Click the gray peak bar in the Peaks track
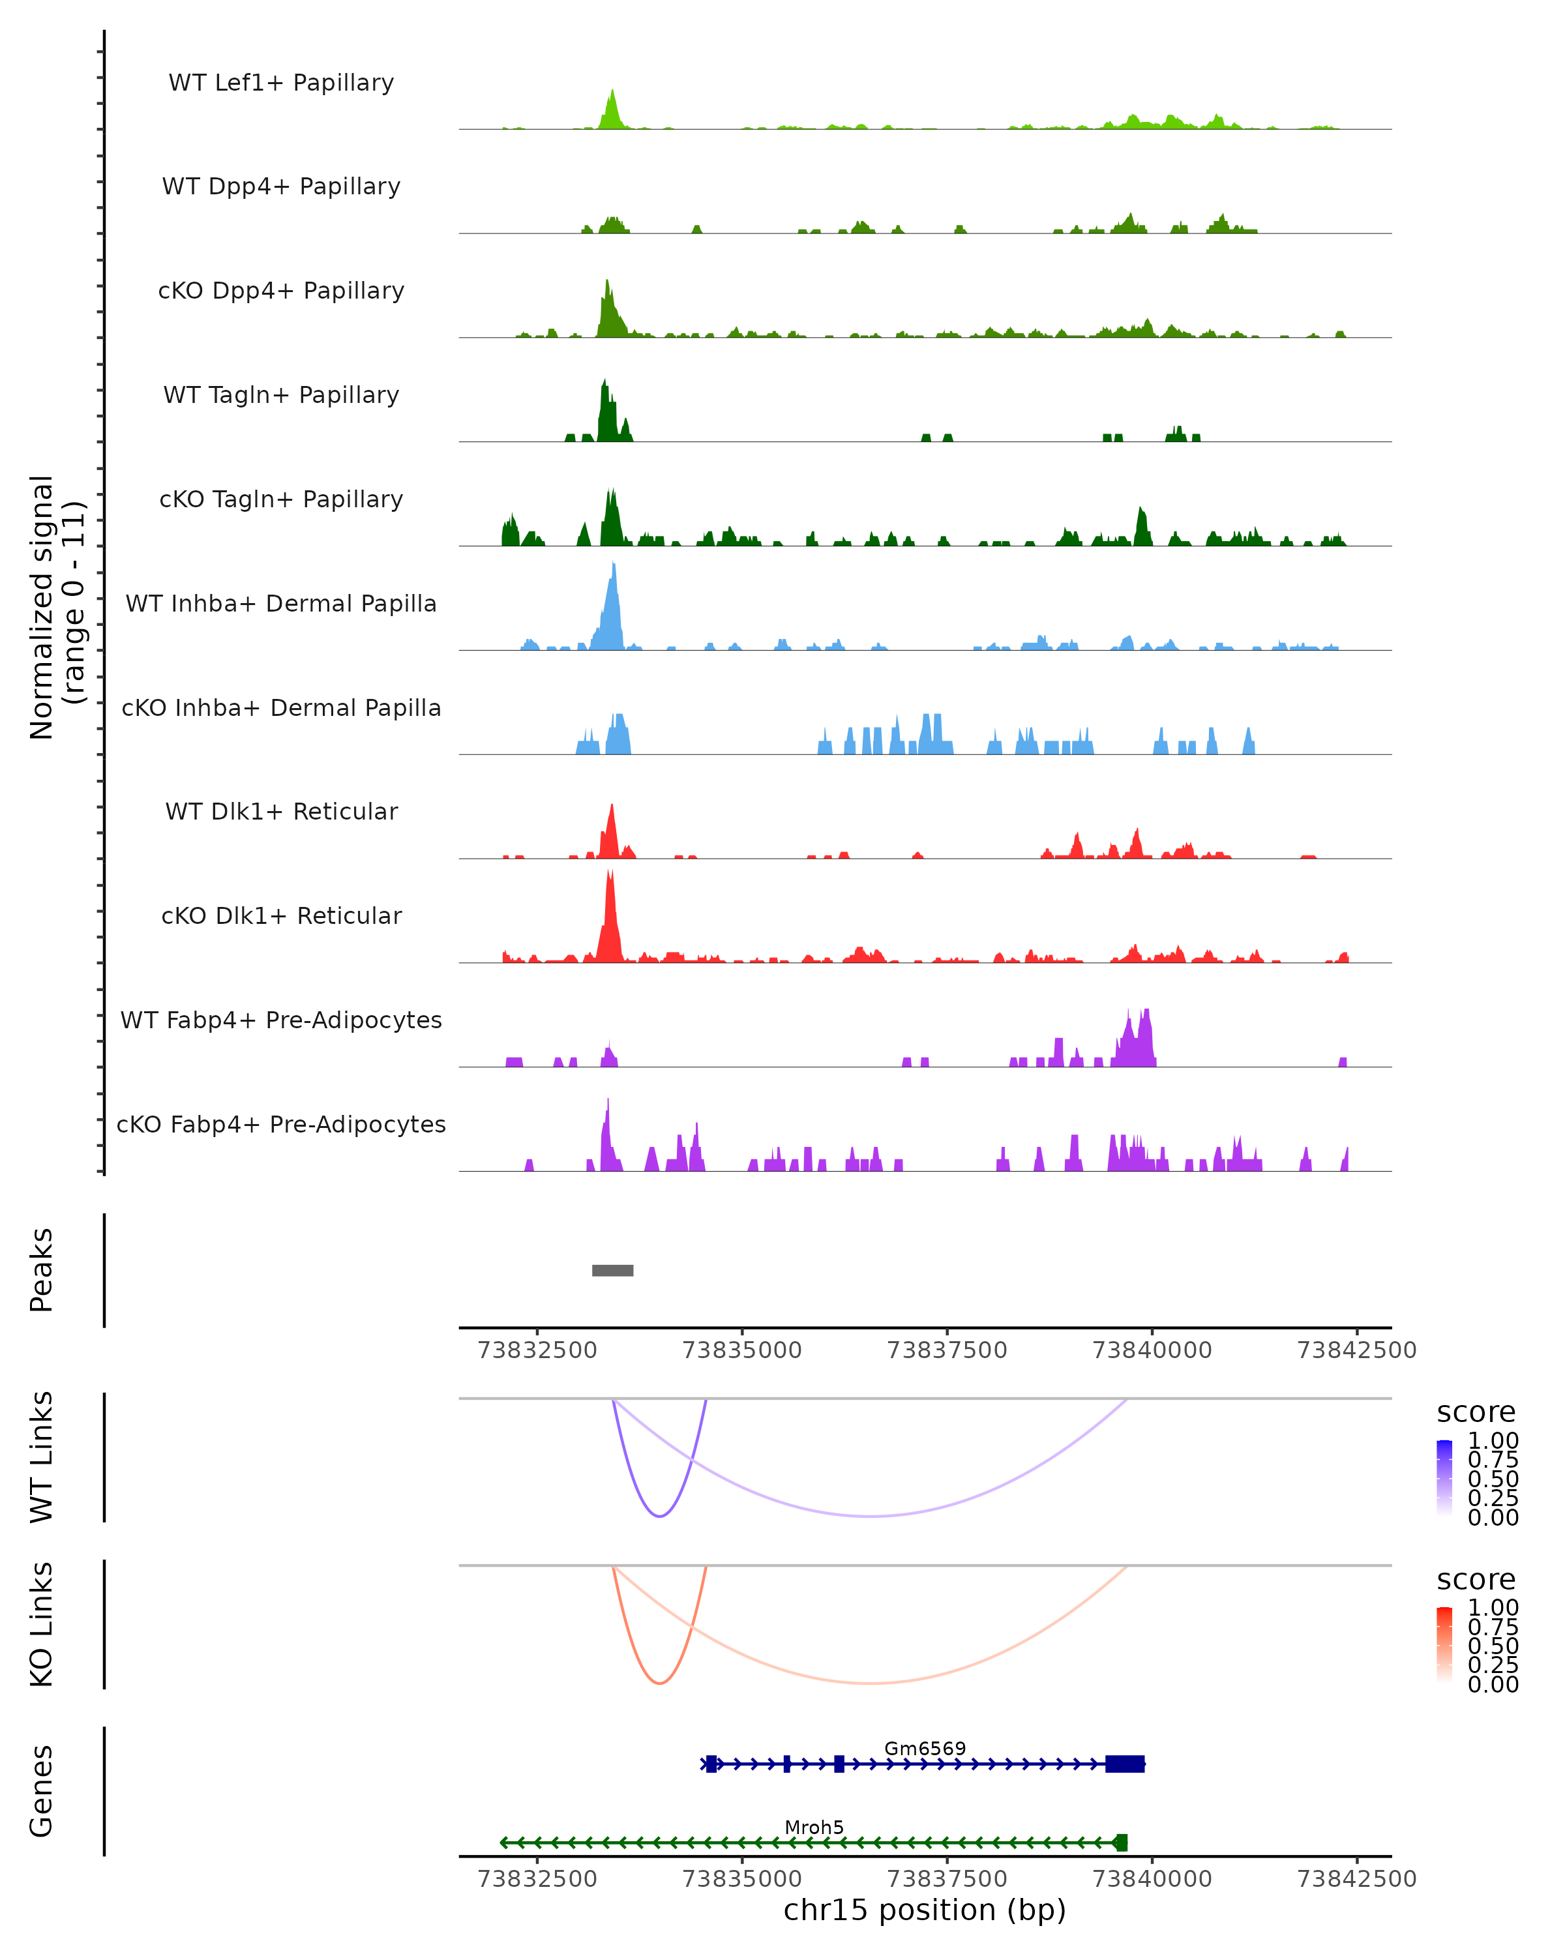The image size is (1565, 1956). click(x=612, y=1270)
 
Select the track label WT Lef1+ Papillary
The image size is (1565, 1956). click(x=281, y=83)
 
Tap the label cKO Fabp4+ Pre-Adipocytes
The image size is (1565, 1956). click(x=281, y=1124)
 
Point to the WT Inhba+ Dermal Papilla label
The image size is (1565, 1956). click(x=281, y=603)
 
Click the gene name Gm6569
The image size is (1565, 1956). click(x=925, y=1748)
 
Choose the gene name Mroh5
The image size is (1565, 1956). click(x=814, y=1827)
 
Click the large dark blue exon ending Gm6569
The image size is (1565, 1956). click(x=1125, y=1764)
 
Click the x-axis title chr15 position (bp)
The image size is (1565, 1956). click(x=925, y=1910)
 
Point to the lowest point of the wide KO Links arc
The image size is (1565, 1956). click(x=870, y=1683)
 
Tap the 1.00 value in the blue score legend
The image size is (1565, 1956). click(x=1493, y=1441)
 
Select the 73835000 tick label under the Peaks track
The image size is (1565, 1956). click(x=741, y=1350)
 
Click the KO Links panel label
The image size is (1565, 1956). click(x=42, y=1624)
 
